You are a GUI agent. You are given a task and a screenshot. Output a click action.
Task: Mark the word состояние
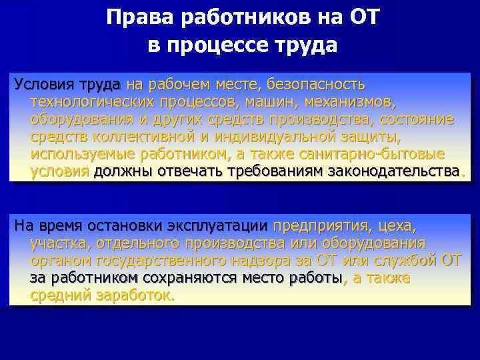pos(417,120)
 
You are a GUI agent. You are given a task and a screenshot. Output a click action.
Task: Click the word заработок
pos(133,295)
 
